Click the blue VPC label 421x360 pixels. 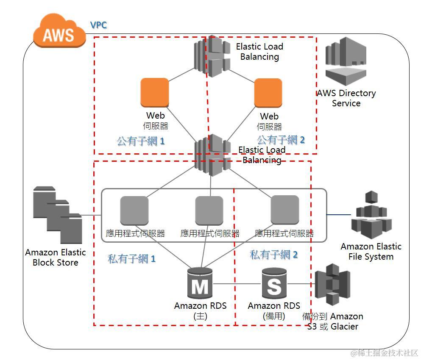(x=98, y=25)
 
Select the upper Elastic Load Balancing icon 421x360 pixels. (x=212, y=53)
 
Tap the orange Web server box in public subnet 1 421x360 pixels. (x=155, y=92)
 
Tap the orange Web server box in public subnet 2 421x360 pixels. (x=268, y=92)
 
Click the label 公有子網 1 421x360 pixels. (x=140, y=141)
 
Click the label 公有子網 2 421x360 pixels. (x=281, y=139)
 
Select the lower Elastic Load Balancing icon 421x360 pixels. (x=212, y=155)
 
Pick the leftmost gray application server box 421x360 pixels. (x=134, y=210)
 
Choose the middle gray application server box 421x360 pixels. (x=209, y=210)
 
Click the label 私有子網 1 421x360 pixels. (x=131, y=259)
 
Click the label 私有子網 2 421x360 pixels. (x=273, y=255)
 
